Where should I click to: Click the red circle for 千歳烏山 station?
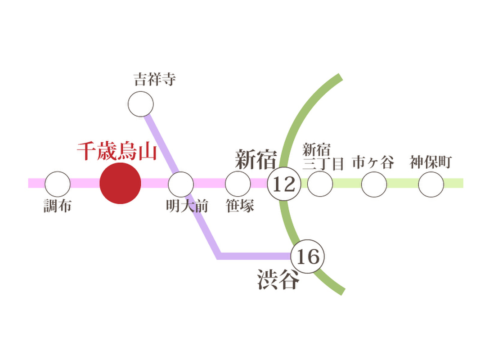point(120,183)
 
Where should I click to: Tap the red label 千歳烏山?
point(117,151)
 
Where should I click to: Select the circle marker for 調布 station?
point(58,184)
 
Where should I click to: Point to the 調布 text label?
point(57,206)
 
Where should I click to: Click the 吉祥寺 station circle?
point(140,104)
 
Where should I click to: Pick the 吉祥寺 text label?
point(155,79)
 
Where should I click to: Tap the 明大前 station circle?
point(181,184)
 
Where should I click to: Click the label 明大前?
point(187,206)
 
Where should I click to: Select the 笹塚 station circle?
point(238,184)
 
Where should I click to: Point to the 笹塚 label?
point(240,206)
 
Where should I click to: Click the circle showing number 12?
point(284,184)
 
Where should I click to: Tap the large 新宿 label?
point(256,159)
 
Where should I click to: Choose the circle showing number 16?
point(308,256)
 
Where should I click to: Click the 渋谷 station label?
point(278,279)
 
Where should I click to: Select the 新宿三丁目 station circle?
point(320,184)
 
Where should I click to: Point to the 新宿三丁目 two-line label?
point(323,157)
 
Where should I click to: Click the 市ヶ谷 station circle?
point(374,184)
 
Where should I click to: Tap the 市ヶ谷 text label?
point(373,162)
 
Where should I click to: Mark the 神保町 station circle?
point(431,184)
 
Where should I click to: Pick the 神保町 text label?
point(431,162)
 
